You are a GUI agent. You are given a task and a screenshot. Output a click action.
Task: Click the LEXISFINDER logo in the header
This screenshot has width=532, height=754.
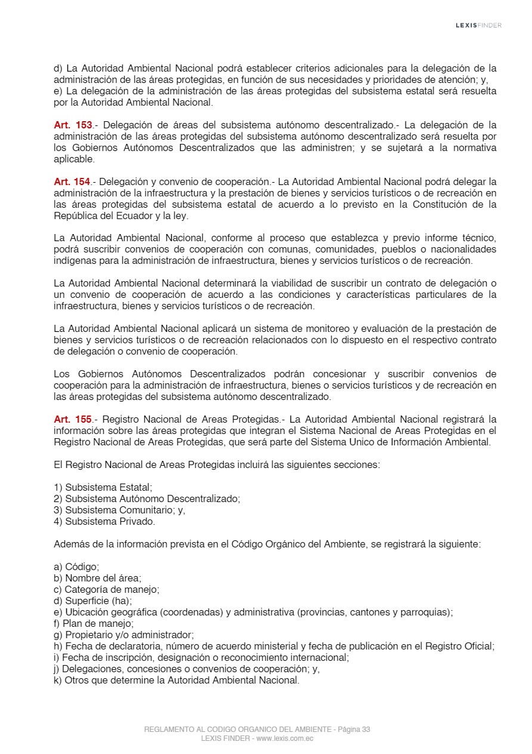point(478,25)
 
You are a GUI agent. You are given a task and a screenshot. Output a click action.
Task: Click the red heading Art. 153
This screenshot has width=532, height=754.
point(73,125)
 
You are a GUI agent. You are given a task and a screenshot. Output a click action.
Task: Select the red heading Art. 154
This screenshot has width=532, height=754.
point(73,181)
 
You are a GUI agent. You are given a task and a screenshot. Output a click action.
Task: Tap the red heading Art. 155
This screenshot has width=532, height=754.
point(73,419)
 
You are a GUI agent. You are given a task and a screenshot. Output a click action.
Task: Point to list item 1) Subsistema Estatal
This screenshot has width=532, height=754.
point(103,487)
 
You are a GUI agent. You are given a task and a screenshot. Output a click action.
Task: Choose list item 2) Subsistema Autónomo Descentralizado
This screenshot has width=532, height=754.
point(147,498)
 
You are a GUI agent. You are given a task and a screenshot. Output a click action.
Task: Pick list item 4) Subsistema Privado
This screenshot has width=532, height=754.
point(104,521)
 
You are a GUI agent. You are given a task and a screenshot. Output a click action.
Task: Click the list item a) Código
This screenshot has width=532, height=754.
point(76,567)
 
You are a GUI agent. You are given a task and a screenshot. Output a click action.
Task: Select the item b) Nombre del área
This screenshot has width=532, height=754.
point(97,578)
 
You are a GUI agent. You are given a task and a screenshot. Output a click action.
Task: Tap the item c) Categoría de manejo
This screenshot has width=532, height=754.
point(106,589)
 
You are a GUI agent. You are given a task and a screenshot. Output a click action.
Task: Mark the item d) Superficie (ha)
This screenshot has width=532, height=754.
point(93,601)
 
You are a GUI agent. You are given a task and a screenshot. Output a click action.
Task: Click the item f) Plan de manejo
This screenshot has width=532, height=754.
point(94,623)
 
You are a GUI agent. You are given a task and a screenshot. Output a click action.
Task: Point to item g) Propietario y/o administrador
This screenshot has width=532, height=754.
point(123,635)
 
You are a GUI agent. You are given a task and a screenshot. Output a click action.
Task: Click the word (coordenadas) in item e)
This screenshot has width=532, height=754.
point(196,612)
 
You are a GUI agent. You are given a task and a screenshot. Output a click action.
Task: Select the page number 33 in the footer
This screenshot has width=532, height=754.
point(366,730)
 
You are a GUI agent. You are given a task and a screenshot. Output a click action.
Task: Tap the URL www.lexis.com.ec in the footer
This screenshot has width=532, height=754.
point(285,738)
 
